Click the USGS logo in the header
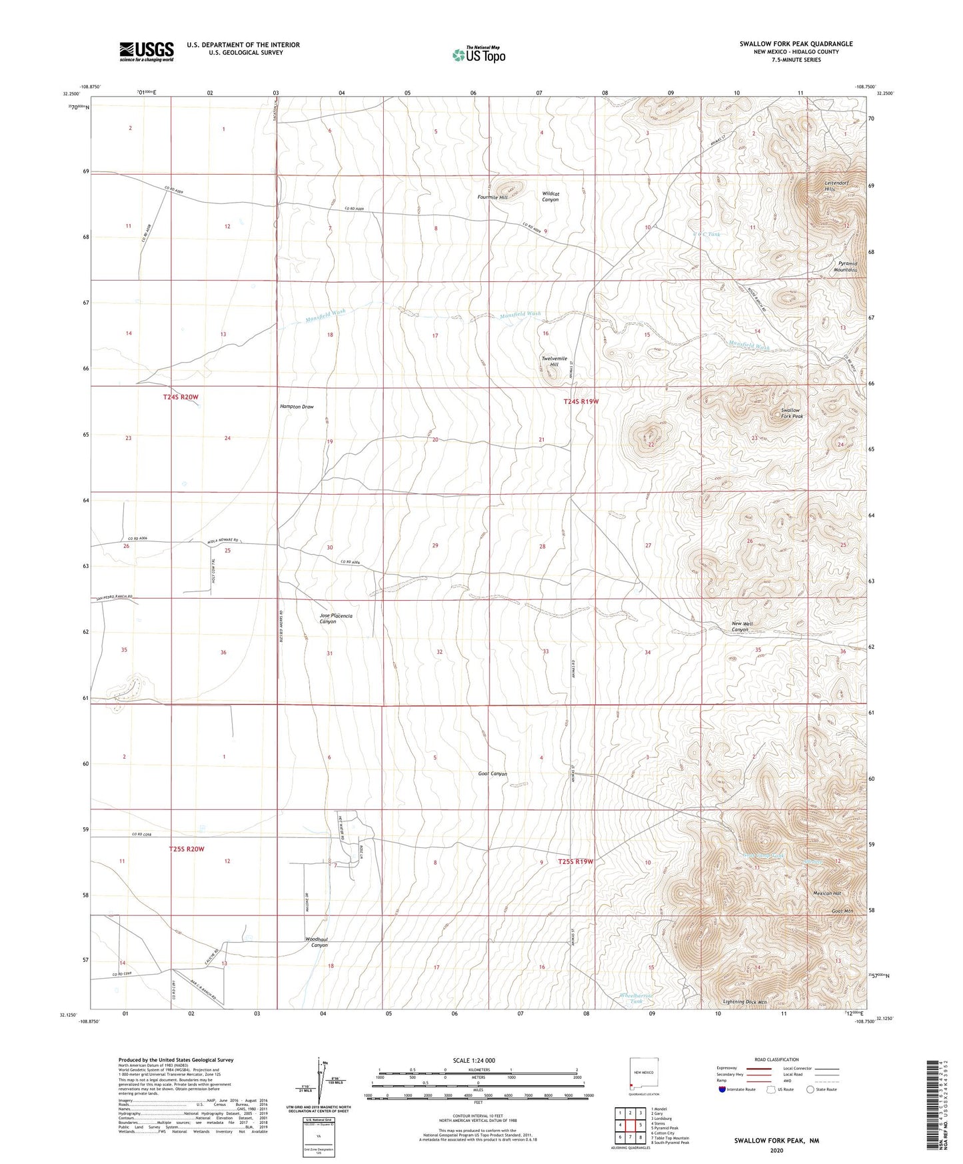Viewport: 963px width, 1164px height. point(146,51)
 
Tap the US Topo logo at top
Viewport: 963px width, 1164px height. point(478,55)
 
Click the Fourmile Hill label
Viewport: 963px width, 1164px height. point(492,197)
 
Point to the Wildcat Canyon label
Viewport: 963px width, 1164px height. point(550,197)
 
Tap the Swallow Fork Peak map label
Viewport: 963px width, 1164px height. point(792,413)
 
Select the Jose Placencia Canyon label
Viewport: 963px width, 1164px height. point(336,619)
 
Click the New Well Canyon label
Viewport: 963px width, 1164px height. point(742,627)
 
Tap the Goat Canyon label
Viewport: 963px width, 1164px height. point(492,774)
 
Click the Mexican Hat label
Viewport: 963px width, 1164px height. point(827,893)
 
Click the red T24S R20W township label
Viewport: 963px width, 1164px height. point(181,397)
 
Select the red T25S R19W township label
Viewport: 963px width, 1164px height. point(575,861)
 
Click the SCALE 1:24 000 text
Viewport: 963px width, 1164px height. point(474,1061)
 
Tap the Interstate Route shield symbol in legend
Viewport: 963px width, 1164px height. point(722,1089)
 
